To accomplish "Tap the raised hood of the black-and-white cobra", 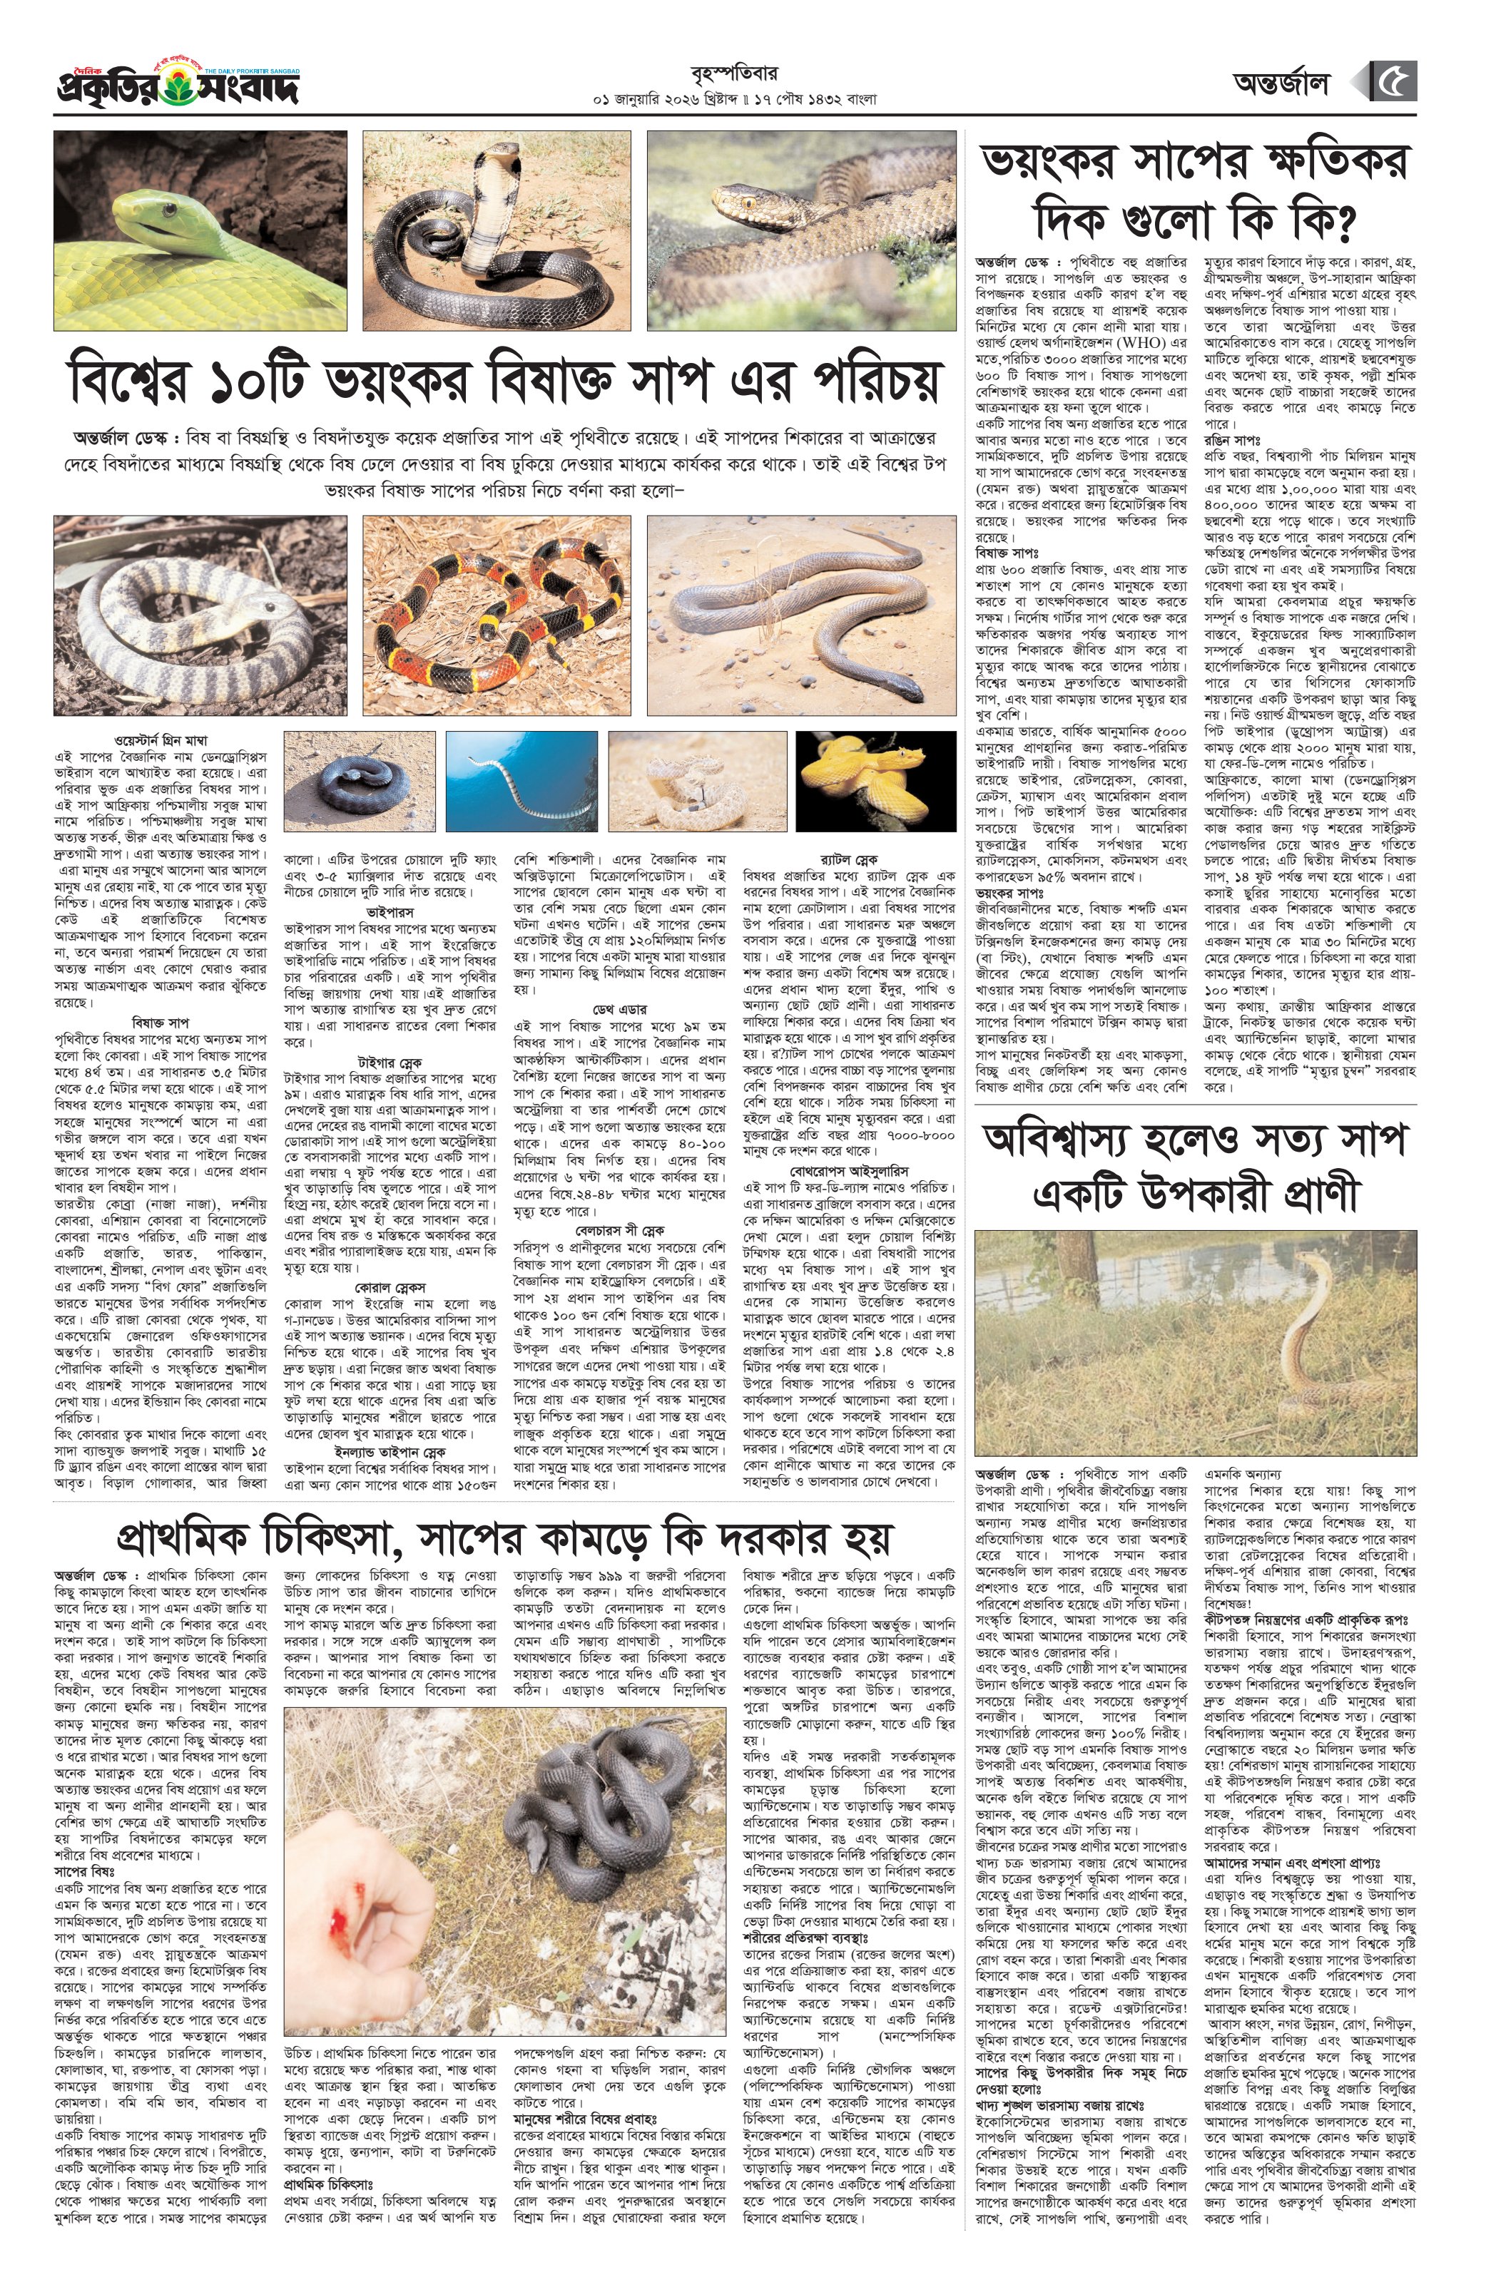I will pos(485,206).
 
